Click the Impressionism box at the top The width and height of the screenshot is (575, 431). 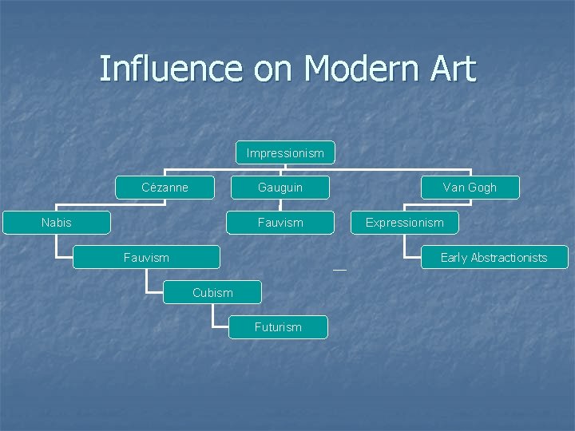(x=285, y=152)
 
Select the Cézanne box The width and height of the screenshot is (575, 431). (x=165, y=188)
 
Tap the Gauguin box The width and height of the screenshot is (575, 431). (x=280, y=188)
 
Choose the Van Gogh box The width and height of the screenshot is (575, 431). (x=470, y=188)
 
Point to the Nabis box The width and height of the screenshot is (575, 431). (x=56, y=223)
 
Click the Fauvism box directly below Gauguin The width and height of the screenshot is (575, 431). (x=280, y=223)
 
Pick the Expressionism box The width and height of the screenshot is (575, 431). (x=405, y=223)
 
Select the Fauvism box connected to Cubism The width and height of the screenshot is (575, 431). (x=146, y=257)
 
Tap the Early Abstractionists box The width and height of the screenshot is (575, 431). (x=494, y=257)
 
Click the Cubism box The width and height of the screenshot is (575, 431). (x=212, y=293)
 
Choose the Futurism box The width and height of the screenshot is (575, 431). (x=278, y=327)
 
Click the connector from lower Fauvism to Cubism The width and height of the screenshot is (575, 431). (x=147, y=282)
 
